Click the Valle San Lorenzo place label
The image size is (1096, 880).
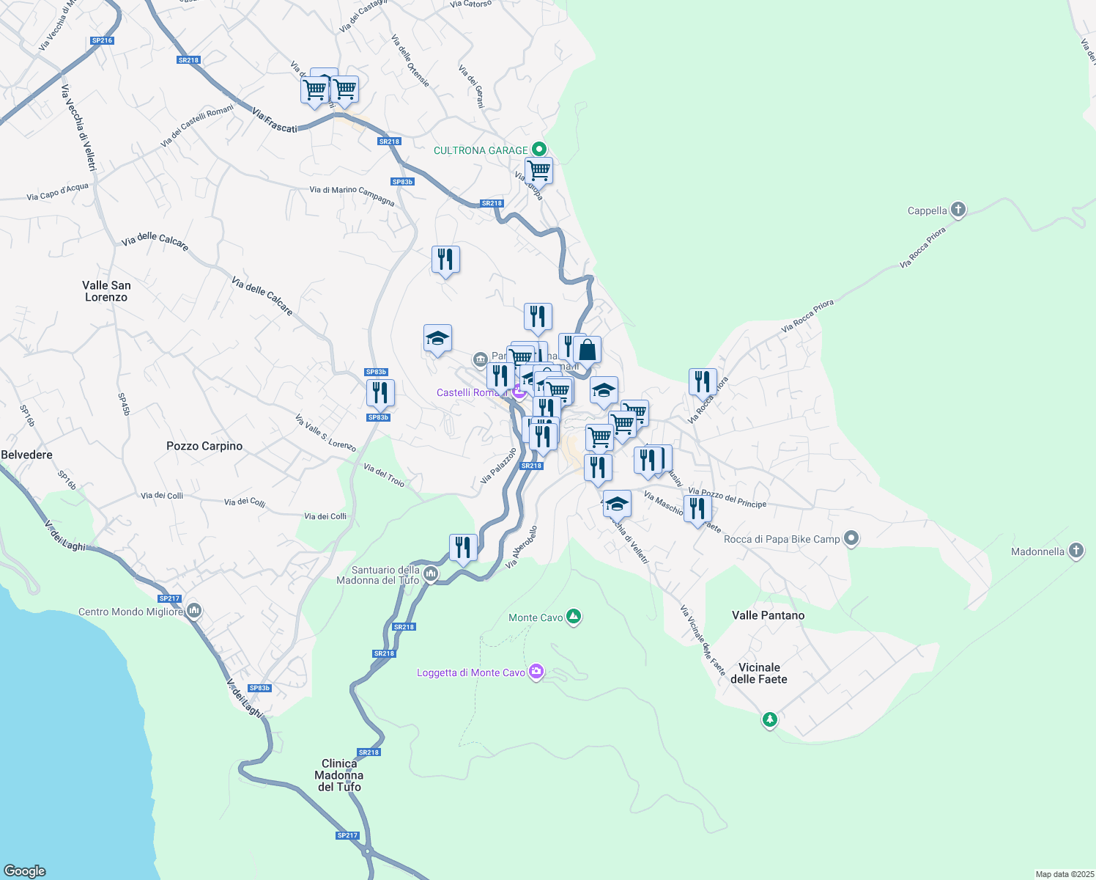(106, 291)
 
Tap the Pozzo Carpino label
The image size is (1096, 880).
(204, 446)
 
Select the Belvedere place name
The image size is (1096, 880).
(27, 455)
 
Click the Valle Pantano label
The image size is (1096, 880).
(768, 615)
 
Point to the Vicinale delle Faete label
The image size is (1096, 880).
(758, 673)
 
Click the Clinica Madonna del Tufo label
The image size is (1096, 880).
(339, 775)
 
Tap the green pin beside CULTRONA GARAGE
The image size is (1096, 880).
(539, 150)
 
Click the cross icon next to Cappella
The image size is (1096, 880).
(958, 210)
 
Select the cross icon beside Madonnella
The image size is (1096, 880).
(1075, 551)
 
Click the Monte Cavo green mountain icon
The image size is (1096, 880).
(574, 617)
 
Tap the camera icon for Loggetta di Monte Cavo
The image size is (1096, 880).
(536, 672)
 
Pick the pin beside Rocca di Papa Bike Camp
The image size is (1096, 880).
(851, 539)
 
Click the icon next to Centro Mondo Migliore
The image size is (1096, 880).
(194, 611)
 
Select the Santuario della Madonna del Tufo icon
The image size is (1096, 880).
(431, 574)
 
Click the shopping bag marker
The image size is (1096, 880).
(587, 351)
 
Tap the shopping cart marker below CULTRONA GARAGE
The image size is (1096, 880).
(538, 171)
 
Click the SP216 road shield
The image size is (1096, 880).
(102, 41)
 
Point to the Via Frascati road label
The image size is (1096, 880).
(275, 121)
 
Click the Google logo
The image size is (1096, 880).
(25, 871)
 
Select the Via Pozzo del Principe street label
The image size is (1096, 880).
(727, 498)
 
